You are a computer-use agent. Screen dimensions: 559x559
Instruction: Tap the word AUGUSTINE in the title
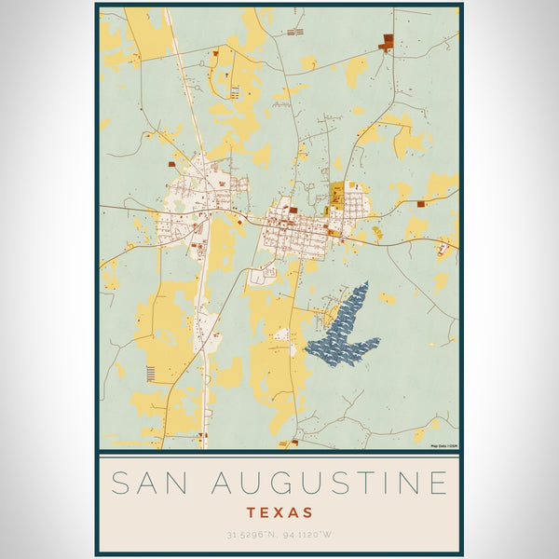(328, 484)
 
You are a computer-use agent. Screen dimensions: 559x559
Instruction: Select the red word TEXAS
(279, 512)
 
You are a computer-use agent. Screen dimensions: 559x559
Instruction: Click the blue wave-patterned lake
(339, 326)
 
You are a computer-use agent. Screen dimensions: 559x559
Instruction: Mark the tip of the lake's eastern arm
(378, 341)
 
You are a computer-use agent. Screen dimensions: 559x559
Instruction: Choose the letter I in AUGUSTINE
(386, 484)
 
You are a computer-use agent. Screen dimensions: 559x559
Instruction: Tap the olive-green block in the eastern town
(336, 197)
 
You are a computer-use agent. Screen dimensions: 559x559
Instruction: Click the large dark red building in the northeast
(386, 41)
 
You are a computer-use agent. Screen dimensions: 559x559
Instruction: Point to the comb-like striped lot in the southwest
(152, 373)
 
